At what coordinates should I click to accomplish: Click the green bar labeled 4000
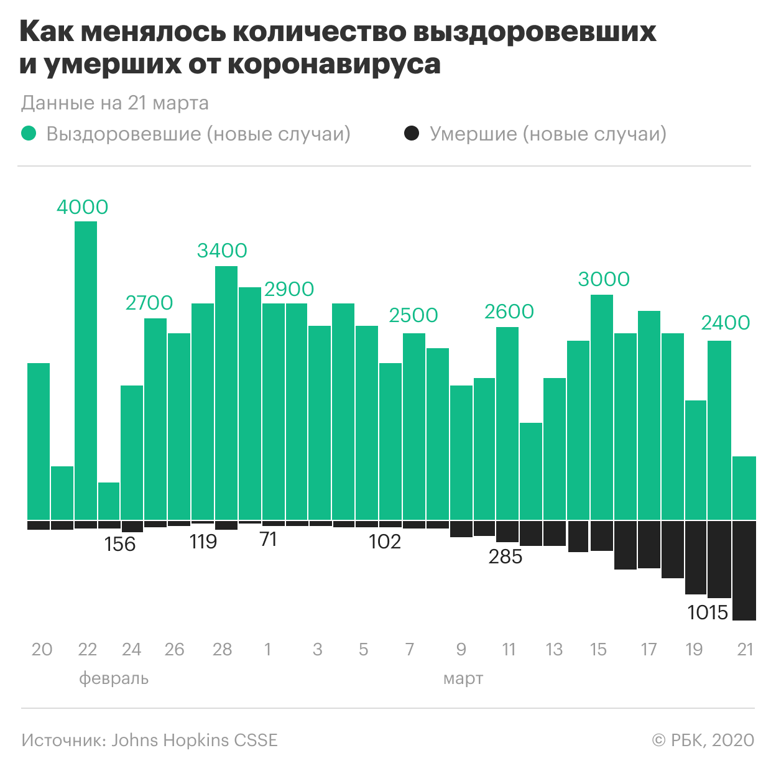click(x=86, y=370)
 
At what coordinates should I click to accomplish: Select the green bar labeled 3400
click(x=226, y=392)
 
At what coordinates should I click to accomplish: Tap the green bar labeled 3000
click(x=601, y=407)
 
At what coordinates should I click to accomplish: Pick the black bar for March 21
click(x=744, y=570)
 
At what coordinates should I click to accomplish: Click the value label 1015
click(x=708, y=612)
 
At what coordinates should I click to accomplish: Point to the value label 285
click(x=505, y=556)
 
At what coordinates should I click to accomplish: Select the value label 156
click(x=119, y=544)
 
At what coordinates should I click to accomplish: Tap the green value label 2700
click(x=149, y=303)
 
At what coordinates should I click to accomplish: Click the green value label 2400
click(x=725, y=323)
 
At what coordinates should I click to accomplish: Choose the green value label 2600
click(x=509, y=312)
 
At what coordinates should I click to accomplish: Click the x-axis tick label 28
click(x=222, y=650)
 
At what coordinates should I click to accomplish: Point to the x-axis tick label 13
click(x=554, y=650)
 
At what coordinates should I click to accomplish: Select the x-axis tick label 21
click(x=745, y=650)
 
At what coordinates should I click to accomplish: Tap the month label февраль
click(x=114, y=678)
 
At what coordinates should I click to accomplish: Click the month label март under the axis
click(x=463, y=678)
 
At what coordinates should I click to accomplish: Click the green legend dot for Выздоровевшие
click(x=29, y=134)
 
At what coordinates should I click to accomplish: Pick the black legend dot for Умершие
click(x=412, y=134)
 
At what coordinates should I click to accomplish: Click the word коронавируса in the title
click(x=334, y=64)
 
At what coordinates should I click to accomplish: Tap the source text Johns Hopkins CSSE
click(x=194, y=741)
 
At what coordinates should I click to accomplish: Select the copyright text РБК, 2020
click(x=712, y=741)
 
